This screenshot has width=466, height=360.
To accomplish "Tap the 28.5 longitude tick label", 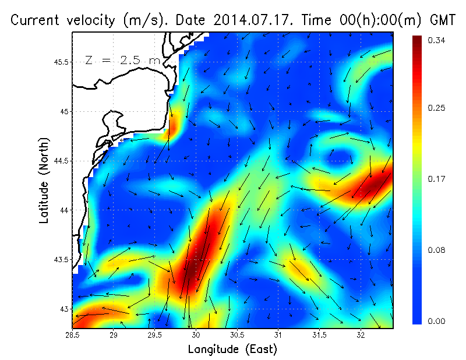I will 73,335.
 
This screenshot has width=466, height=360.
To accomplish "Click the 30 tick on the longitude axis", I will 196,335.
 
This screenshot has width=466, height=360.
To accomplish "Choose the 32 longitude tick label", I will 361,335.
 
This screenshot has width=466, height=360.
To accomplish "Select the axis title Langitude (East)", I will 232,349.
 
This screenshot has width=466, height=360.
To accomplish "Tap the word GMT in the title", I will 441,20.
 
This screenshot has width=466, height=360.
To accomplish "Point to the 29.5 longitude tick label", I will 155,335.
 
